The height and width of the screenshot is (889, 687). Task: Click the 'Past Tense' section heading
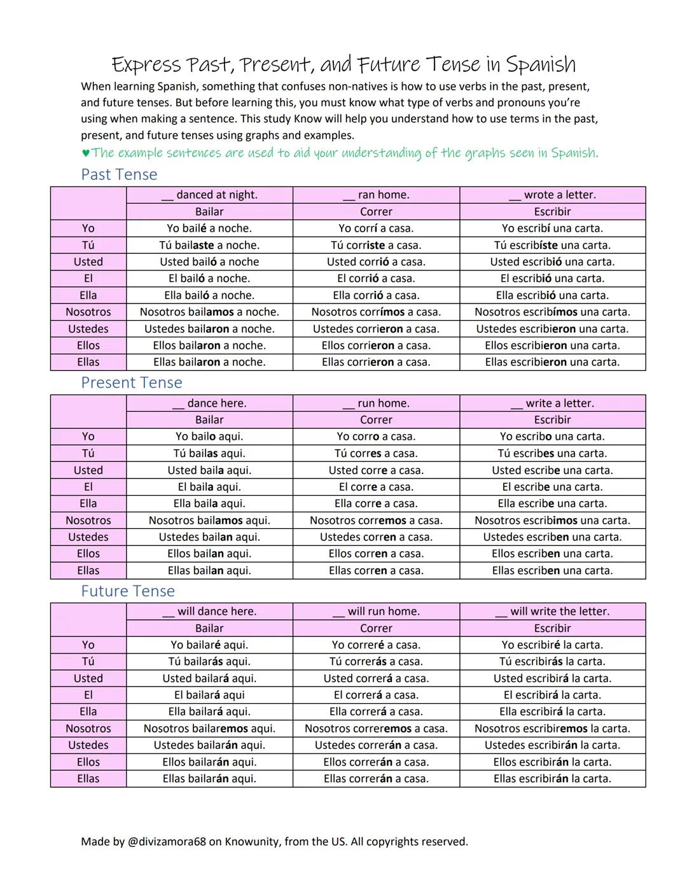coord(119,174)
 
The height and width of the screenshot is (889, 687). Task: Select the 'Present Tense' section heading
coord(132,382)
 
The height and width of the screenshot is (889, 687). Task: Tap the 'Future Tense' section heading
coord(128,591)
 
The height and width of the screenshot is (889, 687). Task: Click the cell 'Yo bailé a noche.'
coord(209,228)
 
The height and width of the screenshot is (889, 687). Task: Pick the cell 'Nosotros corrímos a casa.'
coord(376,312)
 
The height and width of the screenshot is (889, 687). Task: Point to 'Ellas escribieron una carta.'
coord(552,362)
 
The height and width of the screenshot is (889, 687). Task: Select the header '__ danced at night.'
coord(209,195)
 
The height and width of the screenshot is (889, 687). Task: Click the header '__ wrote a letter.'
coord(552,195)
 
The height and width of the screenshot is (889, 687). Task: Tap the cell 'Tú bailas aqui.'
coord(209,453)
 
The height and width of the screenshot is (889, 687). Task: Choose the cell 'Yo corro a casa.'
coord(376,437)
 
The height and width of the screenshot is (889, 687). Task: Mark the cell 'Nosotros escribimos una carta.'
coord(552,520)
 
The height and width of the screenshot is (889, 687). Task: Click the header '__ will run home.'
coord(376,612)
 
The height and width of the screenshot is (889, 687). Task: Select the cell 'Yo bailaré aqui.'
coord(209,645)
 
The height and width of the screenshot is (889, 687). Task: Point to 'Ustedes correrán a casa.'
coord(376,745)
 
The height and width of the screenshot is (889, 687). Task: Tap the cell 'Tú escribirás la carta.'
coord(552,662)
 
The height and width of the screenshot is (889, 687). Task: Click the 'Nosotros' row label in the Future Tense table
coord(88,729)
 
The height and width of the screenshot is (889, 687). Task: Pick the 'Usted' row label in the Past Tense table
coord(88,262)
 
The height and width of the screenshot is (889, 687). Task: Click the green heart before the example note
coord(86,153)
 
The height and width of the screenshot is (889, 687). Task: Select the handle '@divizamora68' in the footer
coord(167,841)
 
